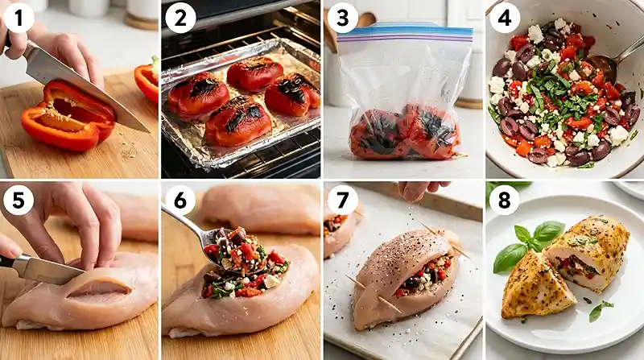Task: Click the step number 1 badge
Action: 19,19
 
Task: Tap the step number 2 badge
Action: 180,19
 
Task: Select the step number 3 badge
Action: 343,19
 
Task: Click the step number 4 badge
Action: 505,19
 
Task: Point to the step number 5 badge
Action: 19,200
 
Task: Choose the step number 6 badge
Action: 180,200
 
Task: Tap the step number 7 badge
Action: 343,200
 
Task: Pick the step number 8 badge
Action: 505,200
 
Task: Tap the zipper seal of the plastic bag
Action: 405,35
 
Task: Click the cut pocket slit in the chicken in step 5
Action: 99,289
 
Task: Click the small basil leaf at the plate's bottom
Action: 598,310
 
